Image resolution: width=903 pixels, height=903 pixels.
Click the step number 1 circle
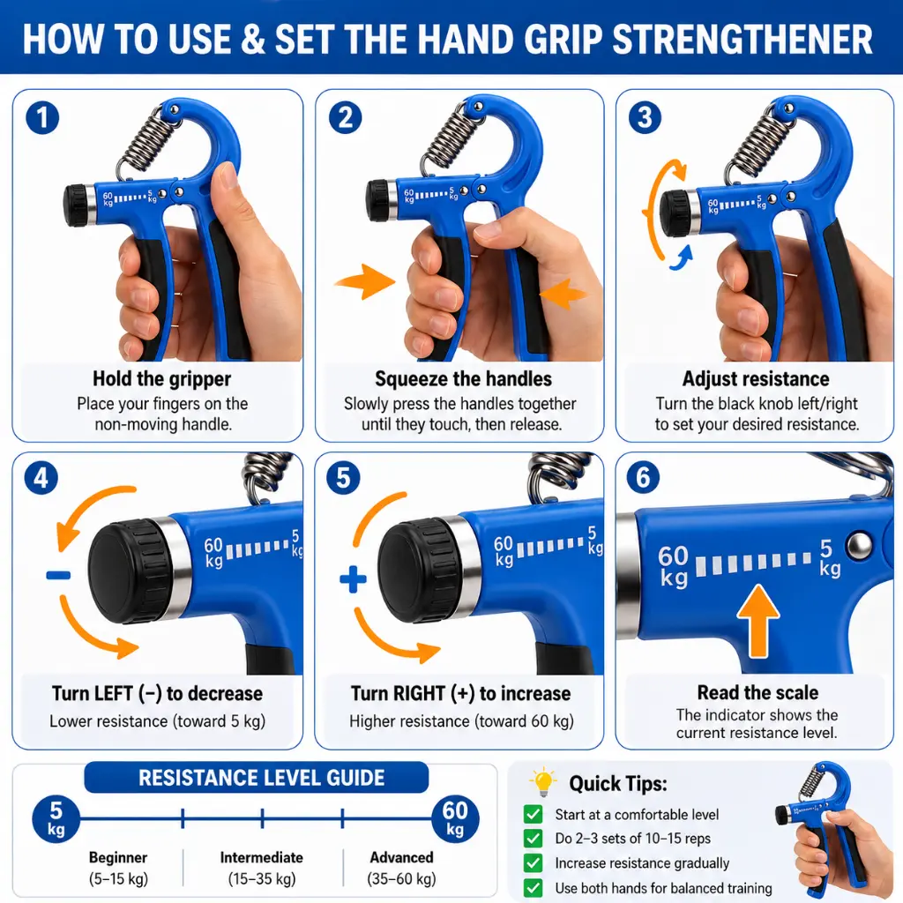(x=42, y=118)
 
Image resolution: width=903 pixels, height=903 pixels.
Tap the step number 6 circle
(x=643, y=477)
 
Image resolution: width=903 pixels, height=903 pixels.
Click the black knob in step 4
(x=129, y=571)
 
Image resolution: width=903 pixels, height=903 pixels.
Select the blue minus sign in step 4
(x=58, y=575)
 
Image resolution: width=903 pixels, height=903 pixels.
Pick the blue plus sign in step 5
(x=353, y=579)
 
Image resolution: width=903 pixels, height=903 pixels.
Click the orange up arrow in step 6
(x=758, y=622)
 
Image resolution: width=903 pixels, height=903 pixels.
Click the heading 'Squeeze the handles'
(x=463, y=378)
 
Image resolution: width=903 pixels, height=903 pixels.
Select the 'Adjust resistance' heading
(x=756, y=378)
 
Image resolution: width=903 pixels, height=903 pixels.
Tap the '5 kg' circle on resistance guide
(x=56, y=819)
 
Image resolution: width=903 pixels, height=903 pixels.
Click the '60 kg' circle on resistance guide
(x=455, y=819)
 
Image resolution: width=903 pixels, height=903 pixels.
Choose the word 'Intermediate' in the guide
(x=261, y=857)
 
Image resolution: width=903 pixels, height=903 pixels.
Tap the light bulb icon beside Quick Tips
(x=542, y=782)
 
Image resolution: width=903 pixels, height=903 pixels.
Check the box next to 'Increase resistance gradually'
(x=534, y=862)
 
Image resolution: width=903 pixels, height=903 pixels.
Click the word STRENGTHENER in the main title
(x=743, y=39)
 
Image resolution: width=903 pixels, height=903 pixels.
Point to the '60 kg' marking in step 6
(x=673, y=565)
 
